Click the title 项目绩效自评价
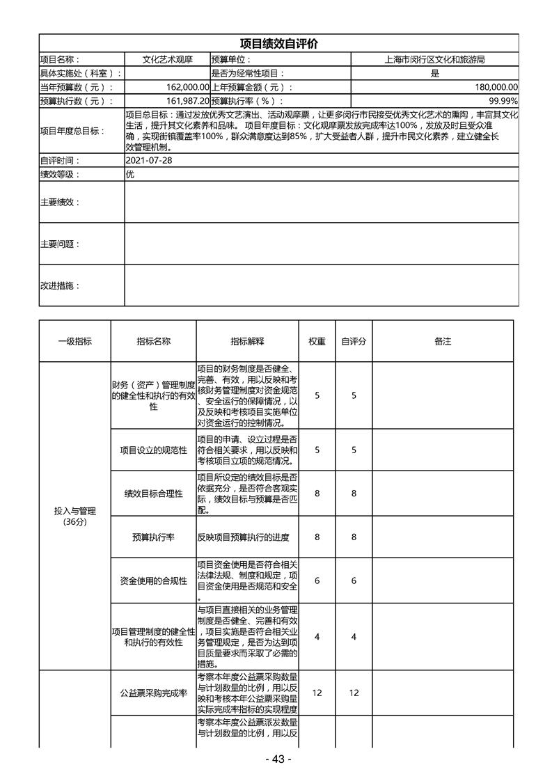[278, 43]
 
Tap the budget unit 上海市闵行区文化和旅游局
[434, 60]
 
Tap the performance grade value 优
[129, 174]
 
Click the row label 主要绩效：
[60, 202]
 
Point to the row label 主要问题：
[60, 244]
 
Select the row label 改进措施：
[60, 285]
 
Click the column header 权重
[317, 341]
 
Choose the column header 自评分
[354, 341]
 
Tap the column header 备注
[443, 341]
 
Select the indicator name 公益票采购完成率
[153, 693]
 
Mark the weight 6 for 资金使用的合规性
[317, 581]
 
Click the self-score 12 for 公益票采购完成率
[354, 693]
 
